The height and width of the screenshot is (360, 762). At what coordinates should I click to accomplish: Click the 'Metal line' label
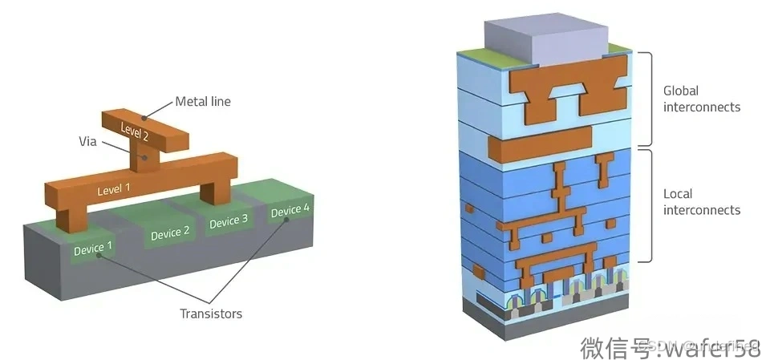pyautogui.click(x=203, y=102)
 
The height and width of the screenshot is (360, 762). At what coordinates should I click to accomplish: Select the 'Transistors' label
pyautogui.click(x=210, y=313)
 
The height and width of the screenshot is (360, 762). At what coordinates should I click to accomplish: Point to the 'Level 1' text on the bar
pyautogui.click(x=113, y=192)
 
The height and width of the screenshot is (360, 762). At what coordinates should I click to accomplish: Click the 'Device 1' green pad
pyautogui.click(x=93, y=249)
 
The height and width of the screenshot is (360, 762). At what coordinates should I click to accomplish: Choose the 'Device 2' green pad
pyautogui.click(x=170, y=233)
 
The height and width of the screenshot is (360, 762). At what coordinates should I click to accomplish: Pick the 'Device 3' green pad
pyautogui.click(x=229, y=221)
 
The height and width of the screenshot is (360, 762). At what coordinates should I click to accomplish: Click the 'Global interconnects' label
pyautogui.click(x=702, y=99)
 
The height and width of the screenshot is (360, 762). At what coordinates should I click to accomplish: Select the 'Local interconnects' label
pyautogui.click(x=702, y=201)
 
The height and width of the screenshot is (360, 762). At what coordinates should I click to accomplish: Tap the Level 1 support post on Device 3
pyautogui.click(x=215, y=192)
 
